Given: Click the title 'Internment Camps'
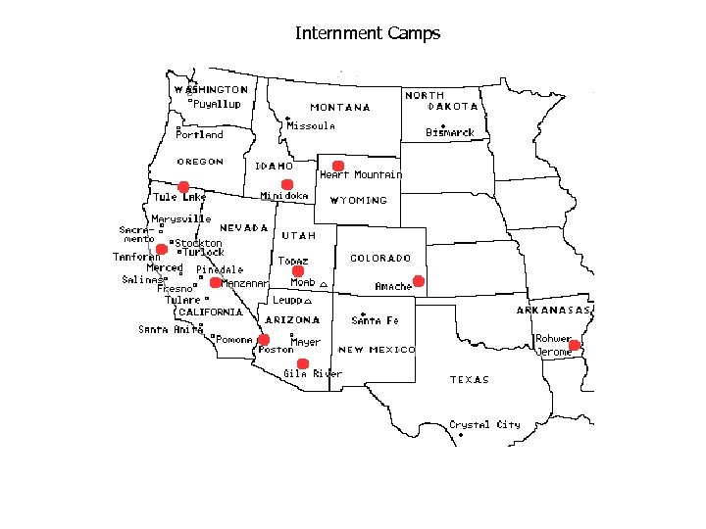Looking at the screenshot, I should click(368, 33).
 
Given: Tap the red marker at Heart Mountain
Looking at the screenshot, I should click(337, 166).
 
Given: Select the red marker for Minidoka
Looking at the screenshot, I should click(287, 184).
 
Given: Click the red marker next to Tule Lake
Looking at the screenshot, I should click(183, 186).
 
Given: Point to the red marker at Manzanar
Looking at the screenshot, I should click(216, 282).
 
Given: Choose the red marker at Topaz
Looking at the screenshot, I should click(299, 270).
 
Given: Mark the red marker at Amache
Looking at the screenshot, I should click(419, 281).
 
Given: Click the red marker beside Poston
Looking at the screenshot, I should click(264, 340).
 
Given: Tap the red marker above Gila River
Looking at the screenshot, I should click(303, 363).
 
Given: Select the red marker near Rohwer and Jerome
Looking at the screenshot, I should click(575, 345).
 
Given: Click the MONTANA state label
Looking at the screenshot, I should click(340, 108).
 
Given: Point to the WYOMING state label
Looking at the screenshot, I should click(358, 200).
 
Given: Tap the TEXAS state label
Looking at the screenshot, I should click(470, 379).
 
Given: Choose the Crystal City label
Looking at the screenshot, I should click(484, 424).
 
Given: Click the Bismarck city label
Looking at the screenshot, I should click(451, 132).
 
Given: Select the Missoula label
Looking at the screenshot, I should click(311, 126).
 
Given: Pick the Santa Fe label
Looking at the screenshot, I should click(375, 320).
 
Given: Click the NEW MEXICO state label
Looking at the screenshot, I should click(377, 350).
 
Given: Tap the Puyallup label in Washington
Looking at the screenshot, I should click(217, 104).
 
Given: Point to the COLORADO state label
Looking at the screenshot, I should click(380, 259).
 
